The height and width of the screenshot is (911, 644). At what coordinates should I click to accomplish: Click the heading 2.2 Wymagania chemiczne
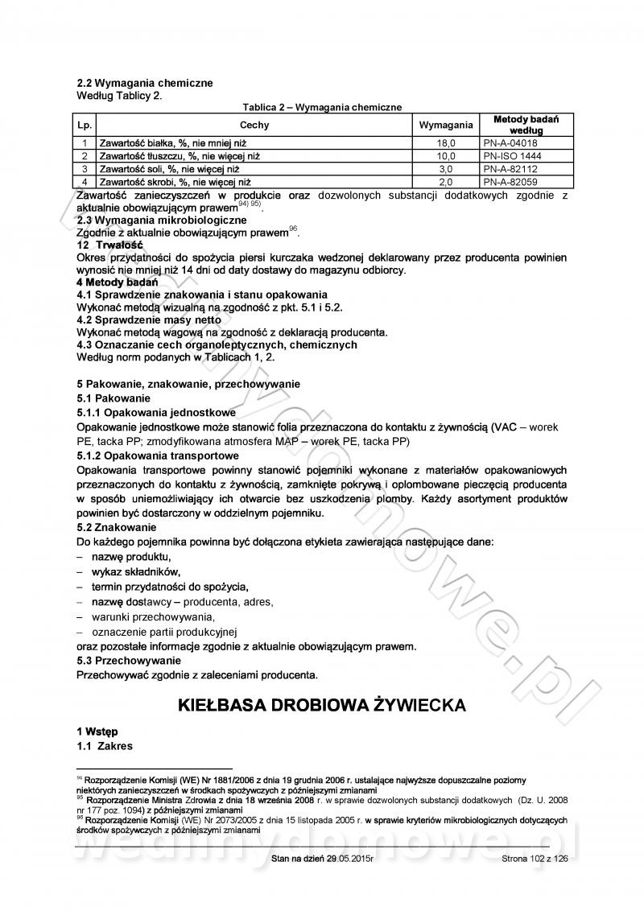click(144, 83)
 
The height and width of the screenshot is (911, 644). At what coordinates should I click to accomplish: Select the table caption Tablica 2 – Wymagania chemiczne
click(322, 107)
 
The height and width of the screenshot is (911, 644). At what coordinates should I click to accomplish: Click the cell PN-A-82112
click(515, 169)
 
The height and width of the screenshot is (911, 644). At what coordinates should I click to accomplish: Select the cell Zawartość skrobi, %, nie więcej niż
click(175, 183)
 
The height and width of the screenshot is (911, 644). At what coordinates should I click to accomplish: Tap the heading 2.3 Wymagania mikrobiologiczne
click(161, 220)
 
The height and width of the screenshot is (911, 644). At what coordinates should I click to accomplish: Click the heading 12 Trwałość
click(109, 245)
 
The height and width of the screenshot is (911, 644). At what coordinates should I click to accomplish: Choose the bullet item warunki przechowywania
click(147, 616)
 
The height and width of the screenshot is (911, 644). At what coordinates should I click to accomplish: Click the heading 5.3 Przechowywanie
click(129, 661)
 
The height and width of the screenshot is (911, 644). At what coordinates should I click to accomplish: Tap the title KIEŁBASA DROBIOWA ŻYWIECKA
click(321, 705)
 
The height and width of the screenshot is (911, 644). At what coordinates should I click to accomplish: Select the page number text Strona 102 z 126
click(534, 859)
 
